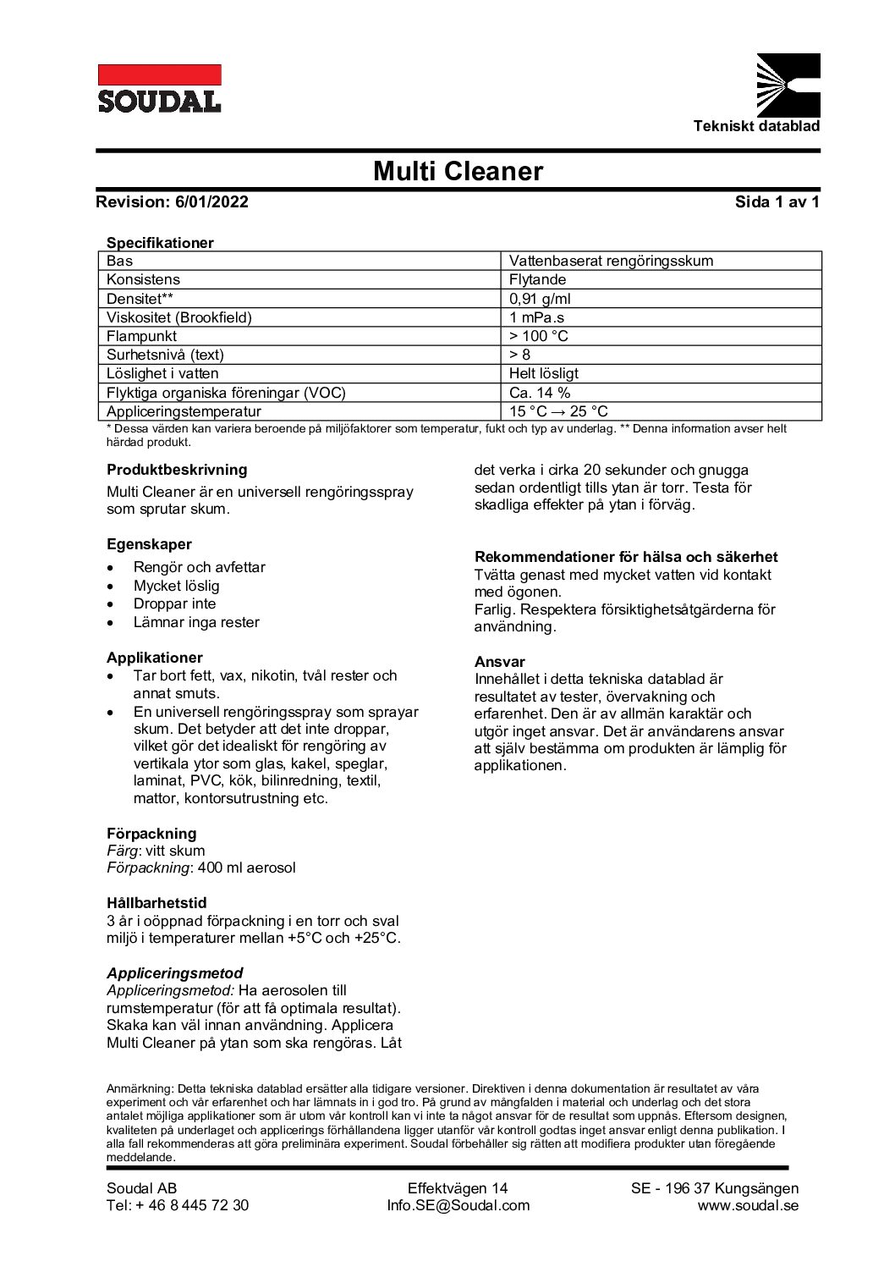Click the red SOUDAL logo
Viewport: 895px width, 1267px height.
(x=159, y=89)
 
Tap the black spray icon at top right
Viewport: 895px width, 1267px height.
(x=787, y=84)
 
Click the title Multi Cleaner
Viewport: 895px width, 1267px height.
(x=458, y=172)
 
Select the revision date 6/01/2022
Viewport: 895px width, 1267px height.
(x=212, y=201)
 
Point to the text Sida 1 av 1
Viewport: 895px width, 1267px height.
(x=777, y=201)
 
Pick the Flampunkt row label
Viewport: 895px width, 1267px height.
(x=141, y=336)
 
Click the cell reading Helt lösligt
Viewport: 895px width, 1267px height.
(x=544, y=373)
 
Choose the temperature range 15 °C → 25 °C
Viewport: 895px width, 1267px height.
(x=558, y=411)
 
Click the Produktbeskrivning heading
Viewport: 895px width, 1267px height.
(x=177, y=469)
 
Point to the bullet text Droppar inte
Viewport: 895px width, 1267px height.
(x=174, y=603)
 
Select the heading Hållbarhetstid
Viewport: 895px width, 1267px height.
(x=156, y=903)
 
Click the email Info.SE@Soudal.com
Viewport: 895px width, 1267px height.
(x=458, y=1205)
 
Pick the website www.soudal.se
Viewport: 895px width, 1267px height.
(x=748, y=1205)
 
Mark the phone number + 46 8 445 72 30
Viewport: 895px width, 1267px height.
(x=192, y=1205)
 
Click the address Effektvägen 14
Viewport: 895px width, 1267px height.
(x=458, y=1188)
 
